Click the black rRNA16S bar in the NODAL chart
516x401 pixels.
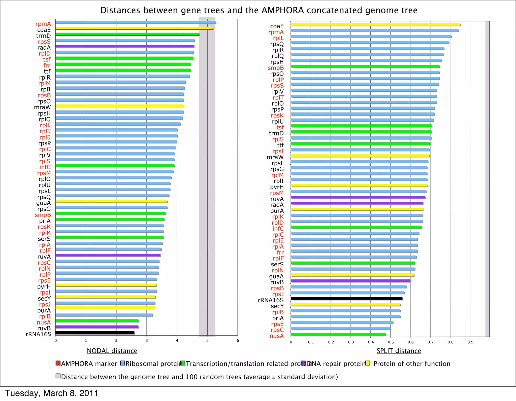tap(95, 333)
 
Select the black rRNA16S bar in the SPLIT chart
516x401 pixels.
tap(347, 299)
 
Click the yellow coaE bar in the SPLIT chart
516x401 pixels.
tap(375, 25)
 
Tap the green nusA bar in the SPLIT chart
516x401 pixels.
tap(338, 334)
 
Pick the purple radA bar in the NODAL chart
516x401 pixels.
tap(125, 46)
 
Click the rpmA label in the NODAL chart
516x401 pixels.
tap(43, 24)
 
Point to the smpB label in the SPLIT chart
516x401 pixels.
tap(276, 68)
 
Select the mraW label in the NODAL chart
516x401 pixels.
tap(42, 107)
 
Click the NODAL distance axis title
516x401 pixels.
tap(112, 351)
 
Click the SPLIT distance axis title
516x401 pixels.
tap(399, 351)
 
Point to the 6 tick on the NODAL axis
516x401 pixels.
tap(238, 341)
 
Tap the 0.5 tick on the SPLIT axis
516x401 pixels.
tap(391, 342)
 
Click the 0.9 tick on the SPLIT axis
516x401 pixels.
tap(470, 342)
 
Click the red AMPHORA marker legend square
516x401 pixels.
tap(58, 363)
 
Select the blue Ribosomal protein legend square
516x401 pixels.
tap(122, 363)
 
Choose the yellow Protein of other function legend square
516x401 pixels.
tap(368, 363)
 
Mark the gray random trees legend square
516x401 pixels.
tap(58, 376)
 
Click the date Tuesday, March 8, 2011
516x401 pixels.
tap(52, 393)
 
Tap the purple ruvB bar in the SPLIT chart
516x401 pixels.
tap(351, 281)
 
